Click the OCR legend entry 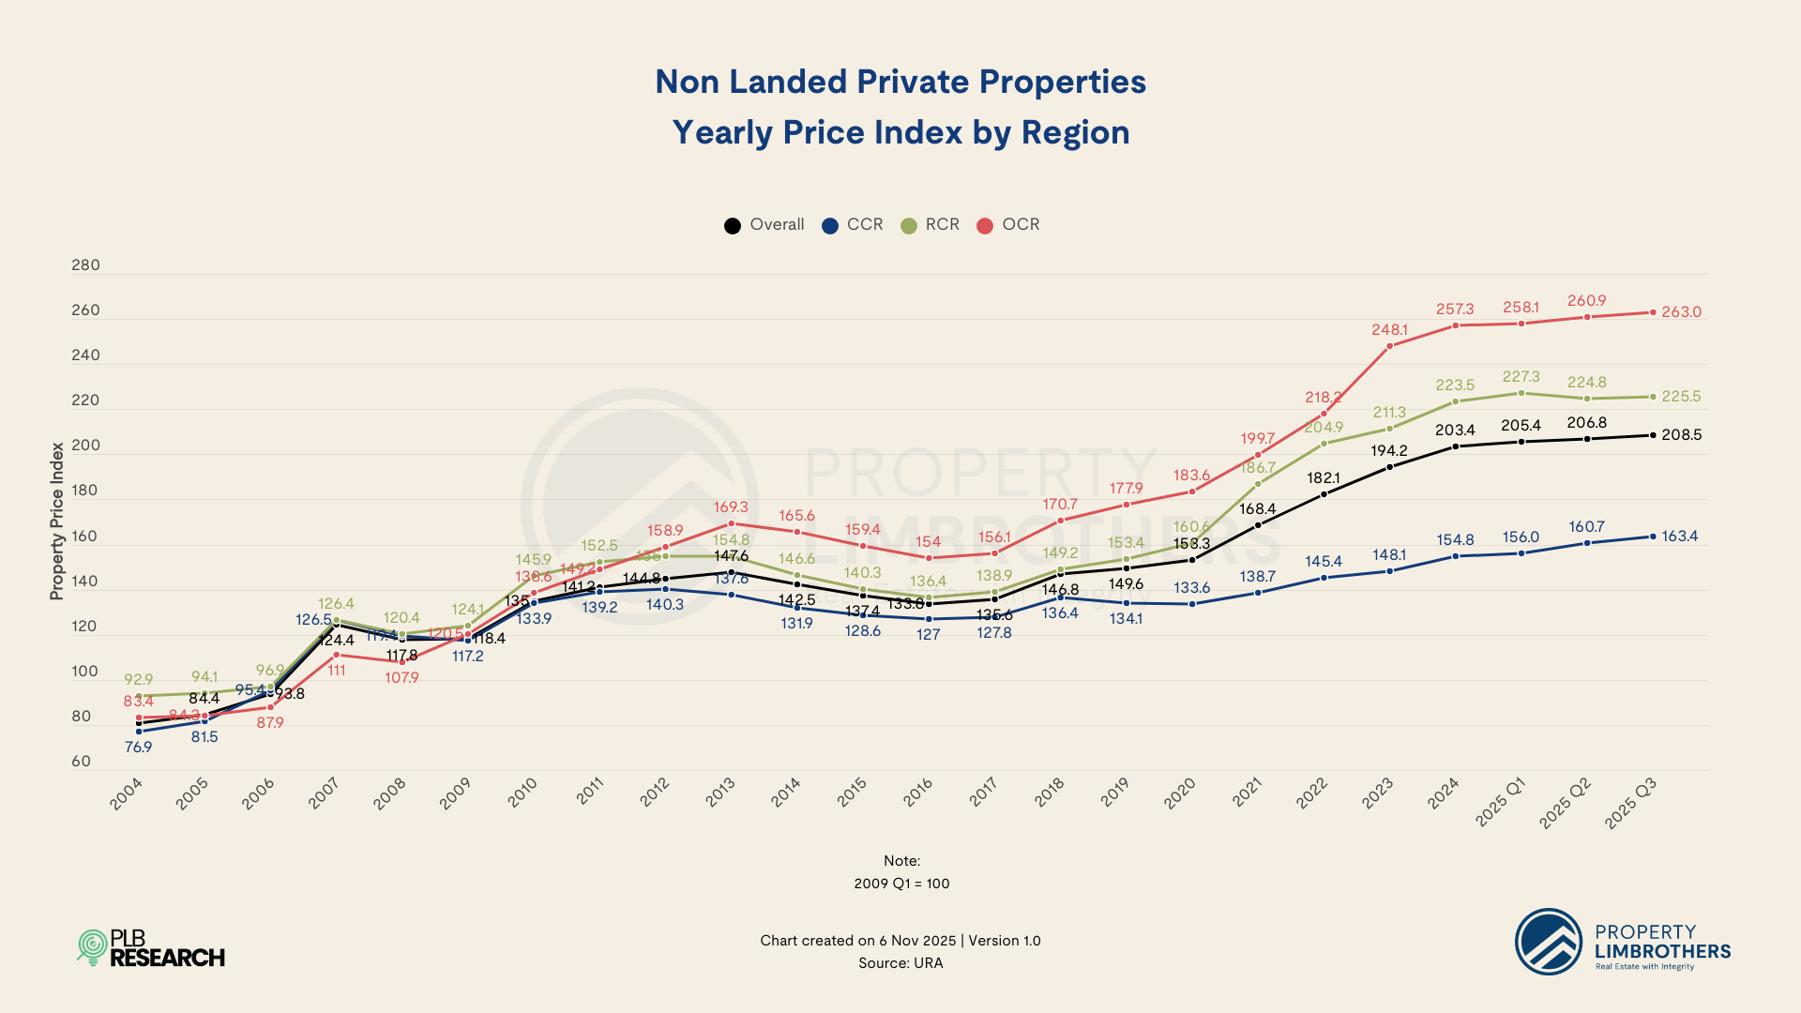coord(1008,225)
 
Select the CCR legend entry coord(853,225)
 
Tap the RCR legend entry coord(931,225)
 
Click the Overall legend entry coord(764,225)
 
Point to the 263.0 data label coord(1681,312)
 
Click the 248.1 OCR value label coord(1389,330)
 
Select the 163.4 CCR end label coord(1680,537)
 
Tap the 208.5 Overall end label coord(1681,435)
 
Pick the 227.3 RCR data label coord(1521,376)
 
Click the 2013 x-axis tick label coord(720,793)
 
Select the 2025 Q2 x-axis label coord(1566,803)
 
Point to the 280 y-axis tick coord(85,265)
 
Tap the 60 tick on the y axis coord(82,762)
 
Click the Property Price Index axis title coord(57,522)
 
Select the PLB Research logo coord(151,948)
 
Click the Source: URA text coord(900,963)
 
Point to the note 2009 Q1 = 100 coord(901,884)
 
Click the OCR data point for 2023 coord(1389,346)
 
